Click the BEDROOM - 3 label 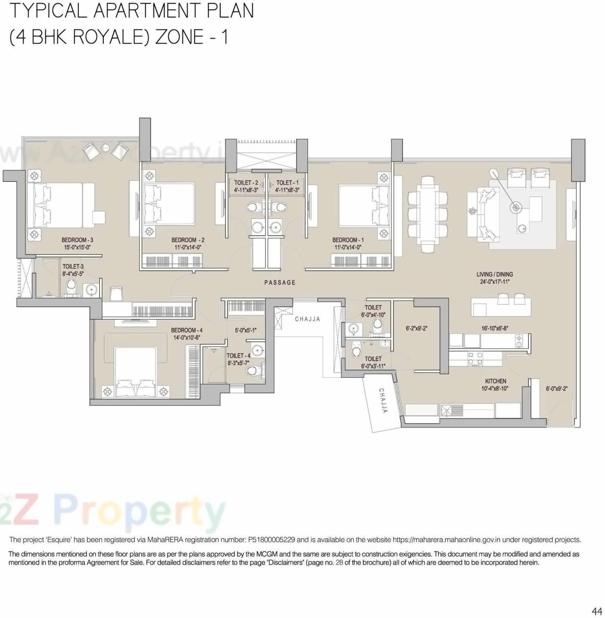(x=77, y=240)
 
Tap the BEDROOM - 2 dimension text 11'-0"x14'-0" (x=188, y=248)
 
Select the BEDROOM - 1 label (x=348, y=240)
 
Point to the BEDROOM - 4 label (x=187, y=330)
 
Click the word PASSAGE (x=280, y=283)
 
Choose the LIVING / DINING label (x=494, y=274)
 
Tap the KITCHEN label (x=495, y=381)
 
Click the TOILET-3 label (x=73, y=266)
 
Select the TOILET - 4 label (x=238, y=356)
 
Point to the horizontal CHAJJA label (x=307, y=319)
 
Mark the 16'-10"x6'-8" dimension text (x=495, y=329)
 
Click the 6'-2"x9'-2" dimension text (x=417, y=329)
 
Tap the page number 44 (x=597, y=611)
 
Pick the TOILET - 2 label (x=246, y=183)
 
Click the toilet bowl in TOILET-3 (x=72, y=286)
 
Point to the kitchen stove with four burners (x=474, y=358)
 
